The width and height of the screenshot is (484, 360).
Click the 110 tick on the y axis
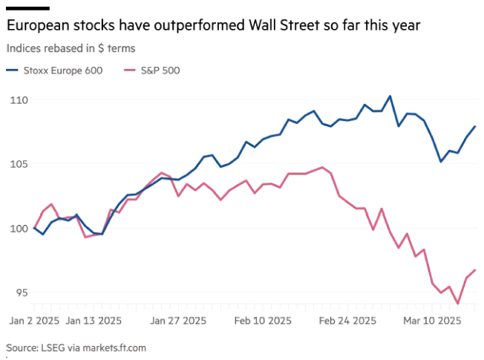(18, 99)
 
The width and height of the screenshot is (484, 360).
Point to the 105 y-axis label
(18, 163)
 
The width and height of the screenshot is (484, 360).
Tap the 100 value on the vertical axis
(18, 228)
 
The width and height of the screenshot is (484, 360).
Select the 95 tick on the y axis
(20, 292)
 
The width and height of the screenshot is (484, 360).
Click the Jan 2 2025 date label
(33, 321)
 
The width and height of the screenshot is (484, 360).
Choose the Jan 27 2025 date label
(178, 321)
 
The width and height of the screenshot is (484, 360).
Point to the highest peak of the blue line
(390, 96)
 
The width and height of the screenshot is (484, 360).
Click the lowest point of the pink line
(458, 304)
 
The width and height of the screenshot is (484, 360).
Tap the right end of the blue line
(475, 126)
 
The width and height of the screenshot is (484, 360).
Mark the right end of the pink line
(475, 269)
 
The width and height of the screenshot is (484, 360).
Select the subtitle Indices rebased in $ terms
(71, 48)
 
